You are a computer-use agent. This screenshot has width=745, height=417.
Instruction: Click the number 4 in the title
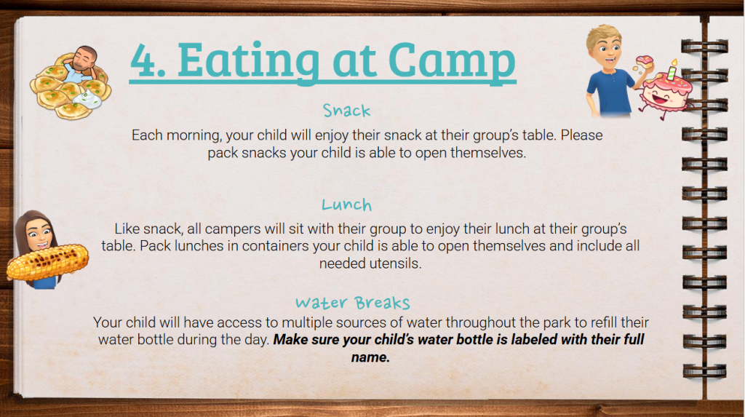coord(145,60)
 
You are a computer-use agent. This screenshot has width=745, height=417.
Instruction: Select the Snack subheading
coord(346,111)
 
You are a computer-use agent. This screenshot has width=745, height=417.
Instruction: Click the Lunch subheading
coord(346,204)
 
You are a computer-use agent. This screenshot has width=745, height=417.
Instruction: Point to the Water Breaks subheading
coord(353,303)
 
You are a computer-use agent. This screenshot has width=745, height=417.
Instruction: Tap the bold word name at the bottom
coord(370,357)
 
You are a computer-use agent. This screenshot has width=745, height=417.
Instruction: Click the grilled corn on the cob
coord(47,261)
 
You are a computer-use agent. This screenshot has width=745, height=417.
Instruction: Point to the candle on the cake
coord(672,70)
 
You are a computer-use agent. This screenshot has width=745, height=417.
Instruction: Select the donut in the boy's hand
coord(645,63)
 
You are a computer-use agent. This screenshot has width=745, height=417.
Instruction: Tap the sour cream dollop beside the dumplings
coord(89,100)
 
